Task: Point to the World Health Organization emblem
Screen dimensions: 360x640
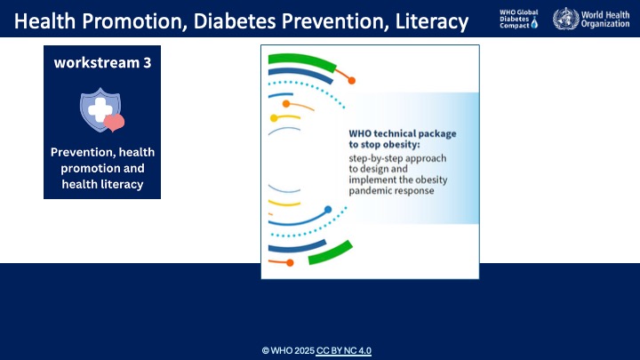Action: (x=564, y=19)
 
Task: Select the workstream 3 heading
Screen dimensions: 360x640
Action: (x=102, y=63)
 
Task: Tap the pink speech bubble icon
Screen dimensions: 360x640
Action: (x=116, y=123)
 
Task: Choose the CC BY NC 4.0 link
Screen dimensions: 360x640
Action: (x=344, y=350)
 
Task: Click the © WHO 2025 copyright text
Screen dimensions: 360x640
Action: (x=288, y=350)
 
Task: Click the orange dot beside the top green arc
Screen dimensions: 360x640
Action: (x=351, y=81)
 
